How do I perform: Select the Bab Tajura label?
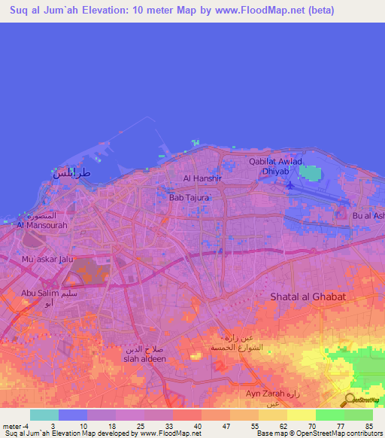189,198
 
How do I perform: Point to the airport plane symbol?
291,185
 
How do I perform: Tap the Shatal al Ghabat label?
308,297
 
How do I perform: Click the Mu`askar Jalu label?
47,260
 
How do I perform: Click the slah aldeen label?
144,359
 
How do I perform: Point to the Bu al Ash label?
368,216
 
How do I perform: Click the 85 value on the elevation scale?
368,426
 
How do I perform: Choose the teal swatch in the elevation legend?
44,415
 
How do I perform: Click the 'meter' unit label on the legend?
11,426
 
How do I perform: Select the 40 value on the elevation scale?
198,426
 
